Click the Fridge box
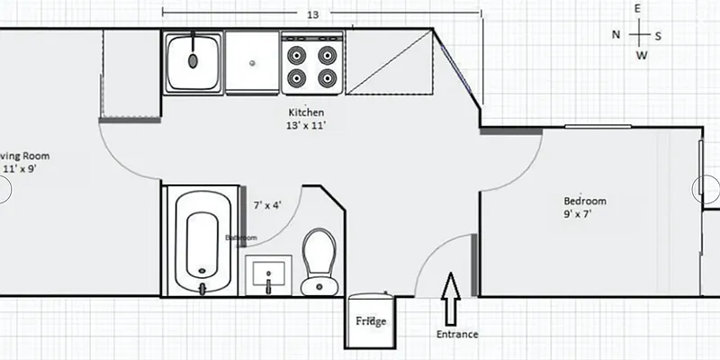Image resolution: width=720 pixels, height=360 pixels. pyautogui.click(x=370, y=321)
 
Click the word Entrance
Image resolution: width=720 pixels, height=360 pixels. pyautogui.click(x=456, y=334)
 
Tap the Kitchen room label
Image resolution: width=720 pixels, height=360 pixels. pyautogui.click(x=305, y=112)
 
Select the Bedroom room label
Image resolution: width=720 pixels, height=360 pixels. pyautogui.click(x=585, y=201)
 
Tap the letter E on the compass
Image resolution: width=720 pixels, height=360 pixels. pyautogui.click(x=637, y=9)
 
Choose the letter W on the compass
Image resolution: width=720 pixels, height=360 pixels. pyautogui.click(x=641, y=56)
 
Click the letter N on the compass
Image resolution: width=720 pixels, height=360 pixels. pyautogui.click(x=616, y=34)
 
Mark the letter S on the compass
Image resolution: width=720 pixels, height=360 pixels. pyautogui.click(x=658, y=35)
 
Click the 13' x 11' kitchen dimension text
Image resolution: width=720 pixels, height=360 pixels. pyautogui.click(x=306, y=126)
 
